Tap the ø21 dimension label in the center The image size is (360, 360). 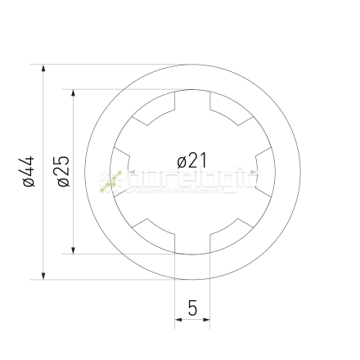(x=193, y=159)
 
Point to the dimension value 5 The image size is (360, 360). (x=192, y=308)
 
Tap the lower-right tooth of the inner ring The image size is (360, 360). (x=231, y=232)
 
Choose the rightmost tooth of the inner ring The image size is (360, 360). (x=266, y=172)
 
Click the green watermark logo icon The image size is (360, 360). (x=110, y=182)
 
